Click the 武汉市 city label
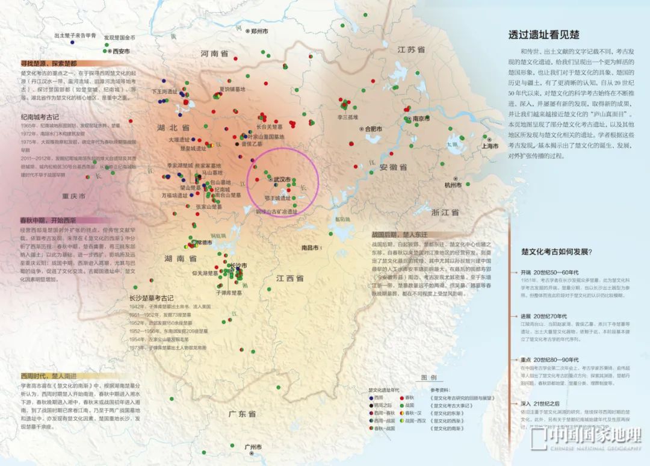[282, 179]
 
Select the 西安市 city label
[121, 51]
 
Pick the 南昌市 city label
[310, 247]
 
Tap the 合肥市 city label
[373, 128]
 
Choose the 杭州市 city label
[453, 185]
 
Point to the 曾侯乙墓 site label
[252, 144]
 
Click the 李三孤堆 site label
[347, 117]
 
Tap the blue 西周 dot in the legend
[371, 398]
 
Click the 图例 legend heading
[429, 377]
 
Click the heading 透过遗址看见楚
[544, 35]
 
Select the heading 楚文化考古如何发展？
[556, 252]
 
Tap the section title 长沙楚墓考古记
[151, 298]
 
